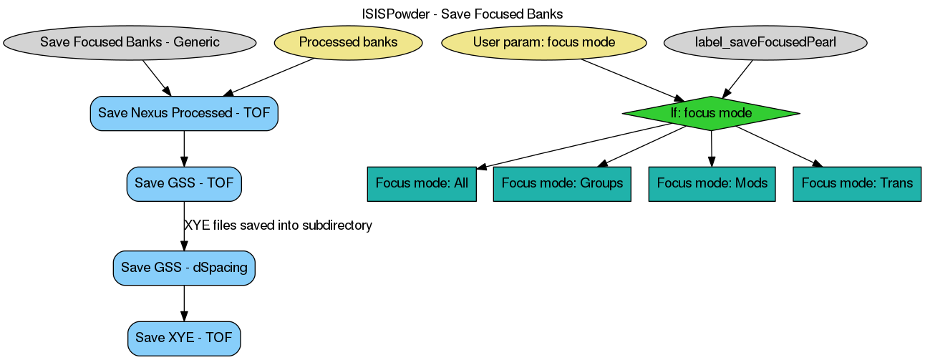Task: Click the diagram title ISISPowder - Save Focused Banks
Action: click(x=463, y=14)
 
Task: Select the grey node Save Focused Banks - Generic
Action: click(x=130, y=42)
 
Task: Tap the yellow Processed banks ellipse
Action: click(x=348, y=42)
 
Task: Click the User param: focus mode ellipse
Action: click(x=544, y=42)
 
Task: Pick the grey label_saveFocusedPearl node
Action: click(x=765, y=42)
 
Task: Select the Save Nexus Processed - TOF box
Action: click(x=184, y=113)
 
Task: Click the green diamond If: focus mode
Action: click(x=711, y=113)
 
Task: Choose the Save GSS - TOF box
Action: click(x=184, y=183)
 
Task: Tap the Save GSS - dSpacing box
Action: click(x=184, y=268)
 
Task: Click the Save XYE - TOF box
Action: click(x=184, y=338)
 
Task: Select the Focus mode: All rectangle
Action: click(x=422, y=183)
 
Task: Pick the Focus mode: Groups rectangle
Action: click(x=562, y=183)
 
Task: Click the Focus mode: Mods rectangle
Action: click(x=712, y=183)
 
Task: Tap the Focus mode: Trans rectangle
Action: click(x=857, y=183)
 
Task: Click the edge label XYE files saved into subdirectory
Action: click(x=278, y=225)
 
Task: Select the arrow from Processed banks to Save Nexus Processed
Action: click(x=269, y=77)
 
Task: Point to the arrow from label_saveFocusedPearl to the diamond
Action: click(x=738, y=77)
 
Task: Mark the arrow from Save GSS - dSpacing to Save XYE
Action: click(x=184, y=303)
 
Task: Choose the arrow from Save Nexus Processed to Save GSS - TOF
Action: click(x=184, y=149)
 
